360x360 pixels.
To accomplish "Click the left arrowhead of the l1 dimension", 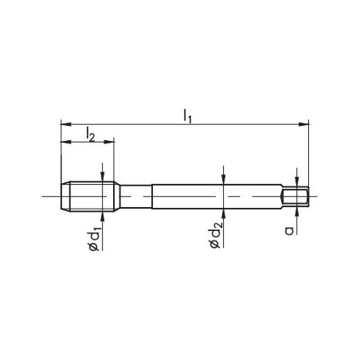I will click(65, 124).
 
